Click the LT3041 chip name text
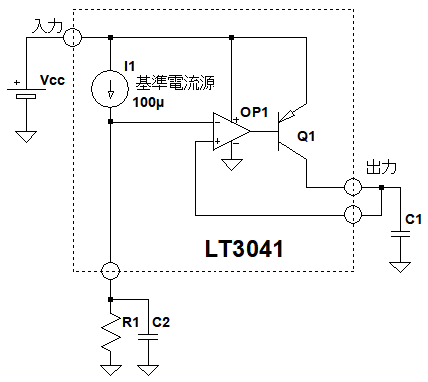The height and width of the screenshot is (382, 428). click(x=243, y=249)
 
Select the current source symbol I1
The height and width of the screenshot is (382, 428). click(x=110, y=89)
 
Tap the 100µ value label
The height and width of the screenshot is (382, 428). click(x=149, y=103)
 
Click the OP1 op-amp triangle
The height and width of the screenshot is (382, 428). click(x=231, y=131)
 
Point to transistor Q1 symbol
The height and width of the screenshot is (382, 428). click(x=292, y=131)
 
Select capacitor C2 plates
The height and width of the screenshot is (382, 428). click(x=148, y=337)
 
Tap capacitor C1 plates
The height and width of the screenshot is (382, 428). click(x=400, y=234)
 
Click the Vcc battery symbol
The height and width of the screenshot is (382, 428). click(x=26, y=93)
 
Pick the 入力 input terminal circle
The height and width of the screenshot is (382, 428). click(x=72, y=37)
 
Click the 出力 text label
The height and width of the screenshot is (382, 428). click(x=381, y=167)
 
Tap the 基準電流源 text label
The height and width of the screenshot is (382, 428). click(x=175, y=83)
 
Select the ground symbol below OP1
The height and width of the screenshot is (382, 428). click(x=231, y=165)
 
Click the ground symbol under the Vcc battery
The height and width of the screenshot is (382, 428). click(x=26, y=137)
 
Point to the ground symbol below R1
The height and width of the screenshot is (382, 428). click(x=111, y=370)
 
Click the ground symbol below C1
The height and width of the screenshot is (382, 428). click(x=400, y=267)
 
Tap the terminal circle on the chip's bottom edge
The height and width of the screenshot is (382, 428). click(x=110, y=271)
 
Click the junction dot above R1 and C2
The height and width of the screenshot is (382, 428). click(x=111, y=300)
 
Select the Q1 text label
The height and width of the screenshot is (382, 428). click(x=306, y=136)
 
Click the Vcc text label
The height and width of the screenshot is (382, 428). click(x=52, y=80)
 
